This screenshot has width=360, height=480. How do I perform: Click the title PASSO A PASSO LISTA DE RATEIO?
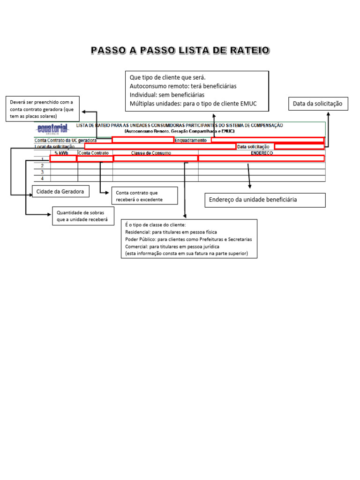180,50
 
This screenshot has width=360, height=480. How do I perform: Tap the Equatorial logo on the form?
52,128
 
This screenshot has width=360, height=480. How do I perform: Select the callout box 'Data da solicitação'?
317,104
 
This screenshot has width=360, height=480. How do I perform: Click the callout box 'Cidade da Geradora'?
60,191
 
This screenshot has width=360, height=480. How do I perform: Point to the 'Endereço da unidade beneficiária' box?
265,200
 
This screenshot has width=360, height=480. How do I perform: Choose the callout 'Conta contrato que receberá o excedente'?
144,196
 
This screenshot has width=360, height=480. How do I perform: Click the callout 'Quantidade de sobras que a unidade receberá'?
82,216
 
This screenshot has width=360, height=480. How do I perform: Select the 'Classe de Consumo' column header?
151,153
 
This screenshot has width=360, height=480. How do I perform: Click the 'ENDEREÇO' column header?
261,153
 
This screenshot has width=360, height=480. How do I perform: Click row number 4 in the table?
42,179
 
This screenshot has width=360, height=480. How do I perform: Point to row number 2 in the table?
42,165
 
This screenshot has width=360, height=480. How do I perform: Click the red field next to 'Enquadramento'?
267,140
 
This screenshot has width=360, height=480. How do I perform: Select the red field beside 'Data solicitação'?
299,146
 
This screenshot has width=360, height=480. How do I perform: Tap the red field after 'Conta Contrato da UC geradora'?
142,140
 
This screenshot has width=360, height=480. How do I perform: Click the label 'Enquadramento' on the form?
191,140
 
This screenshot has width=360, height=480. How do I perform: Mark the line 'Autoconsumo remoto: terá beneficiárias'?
183,86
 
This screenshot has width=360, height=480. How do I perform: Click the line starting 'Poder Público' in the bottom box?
188,239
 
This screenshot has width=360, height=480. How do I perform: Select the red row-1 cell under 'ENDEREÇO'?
261,158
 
